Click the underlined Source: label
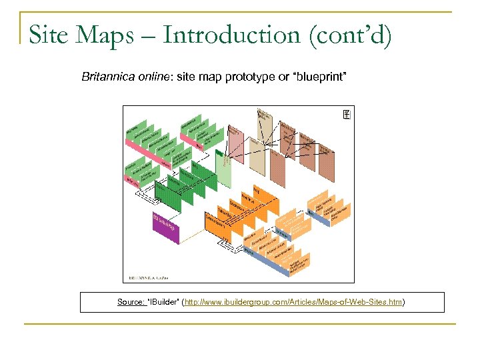click(131, 302)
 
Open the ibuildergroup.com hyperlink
click(293, 302)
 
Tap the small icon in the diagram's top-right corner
click(346, 115)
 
